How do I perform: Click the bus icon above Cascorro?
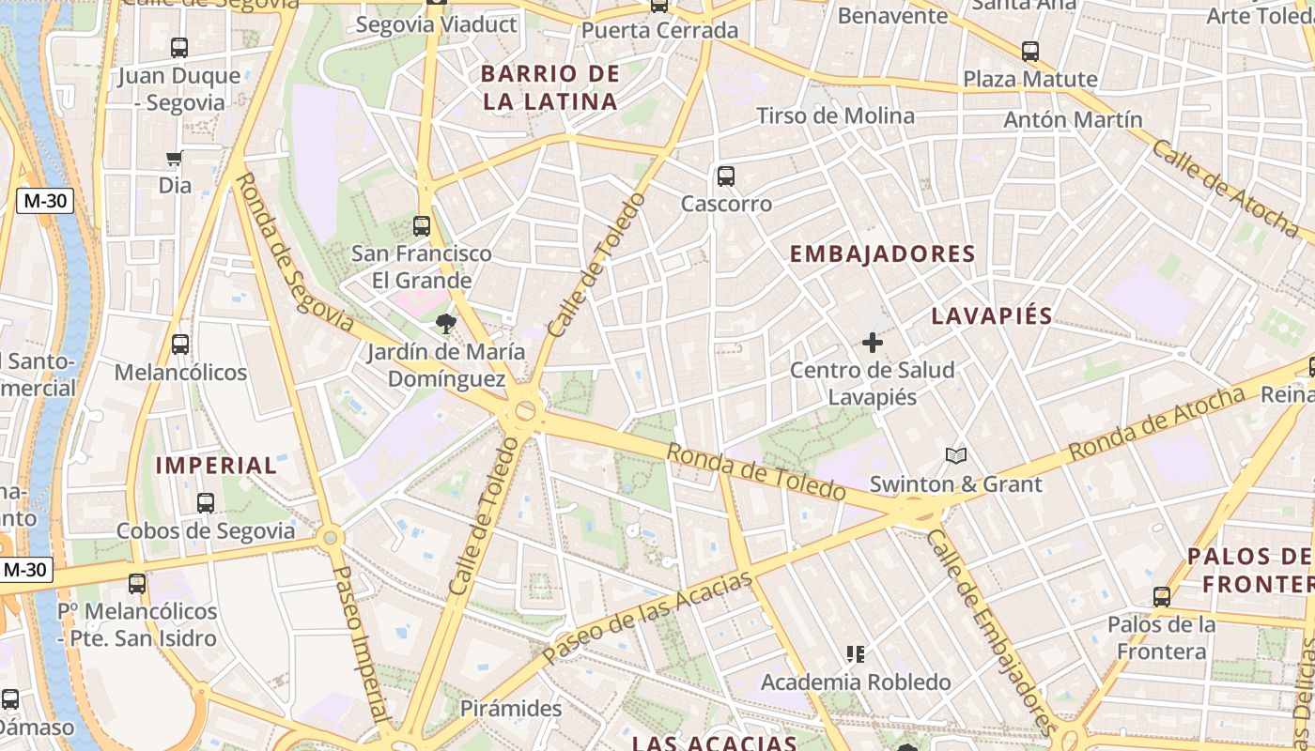click(x=725, y=176)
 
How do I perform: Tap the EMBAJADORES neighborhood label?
click(x=882, y=253)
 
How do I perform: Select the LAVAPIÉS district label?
click(x=992, y=315)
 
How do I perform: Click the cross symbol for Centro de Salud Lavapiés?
click(x=873, y=343)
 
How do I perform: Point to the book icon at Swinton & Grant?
click(x=956, y=456)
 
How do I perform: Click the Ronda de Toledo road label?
click(x=756, y=472)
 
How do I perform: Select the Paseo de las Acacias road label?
click(x=648, y=615)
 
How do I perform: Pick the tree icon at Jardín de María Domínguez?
click(x=446, y=325)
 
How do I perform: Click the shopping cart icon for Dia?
click(x=174, y=159)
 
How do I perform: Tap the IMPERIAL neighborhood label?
click(x=216, y=465)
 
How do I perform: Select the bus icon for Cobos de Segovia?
click(x=206, y=503)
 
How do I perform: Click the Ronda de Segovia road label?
click(x=294, y=252)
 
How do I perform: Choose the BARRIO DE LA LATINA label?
click(x=550, y=87)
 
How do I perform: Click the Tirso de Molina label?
click(x=835, y=115)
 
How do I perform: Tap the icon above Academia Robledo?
click(x=855, y=653)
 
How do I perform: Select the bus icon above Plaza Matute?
click(x=1030, y=52)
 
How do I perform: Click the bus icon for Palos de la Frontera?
click(x=1162, y=596)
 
